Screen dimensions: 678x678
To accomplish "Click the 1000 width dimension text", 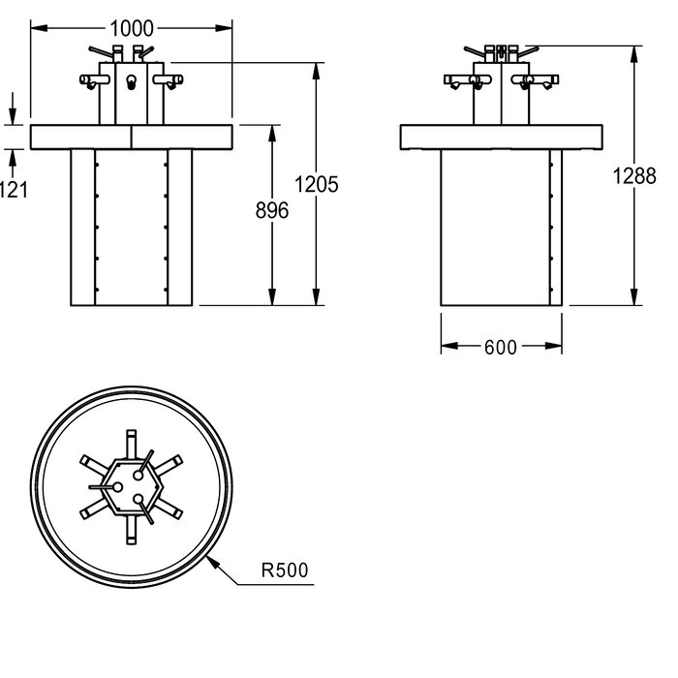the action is (x=132, y=29).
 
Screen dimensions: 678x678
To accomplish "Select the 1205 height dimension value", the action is (x=316, y=185).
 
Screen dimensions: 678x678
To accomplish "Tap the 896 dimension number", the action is (x=272, y=210).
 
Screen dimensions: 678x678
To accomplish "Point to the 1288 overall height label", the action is (x=634, y=176).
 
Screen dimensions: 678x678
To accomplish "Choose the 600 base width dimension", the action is (x=501, y=347).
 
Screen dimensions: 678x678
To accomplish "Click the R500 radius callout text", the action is (x=285, y=570).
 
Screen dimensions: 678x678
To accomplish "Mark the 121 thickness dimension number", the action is (x=13, y=190).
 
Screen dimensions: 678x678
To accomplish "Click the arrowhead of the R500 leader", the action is (x=211, y=561).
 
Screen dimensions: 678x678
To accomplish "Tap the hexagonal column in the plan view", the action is (x=131, y=487).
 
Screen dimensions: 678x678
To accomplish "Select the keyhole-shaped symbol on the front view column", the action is (x=131, y=82).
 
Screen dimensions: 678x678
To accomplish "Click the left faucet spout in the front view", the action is (x=94, y=80).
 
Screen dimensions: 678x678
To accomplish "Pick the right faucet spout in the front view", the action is (x=169, y=80).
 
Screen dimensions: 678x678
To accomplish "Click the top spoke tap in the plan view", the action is (x=131, y=444).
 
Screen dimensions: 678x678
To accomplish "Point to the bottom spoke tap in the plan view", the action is (x=131, y=530).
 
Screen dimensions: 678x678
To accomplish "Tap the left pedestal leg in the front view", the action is (x=82, y=228).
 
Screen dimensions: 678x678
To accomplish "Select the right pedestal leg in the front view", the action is (x=180, y=228).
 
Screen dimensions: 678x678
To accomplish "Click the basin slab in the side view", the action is (x=501, y=138).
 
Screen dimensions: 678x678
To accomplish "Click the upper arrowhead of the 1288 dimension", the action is (x=633, y=54).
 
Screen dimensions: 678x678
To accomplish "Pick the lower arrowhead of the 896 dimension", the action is (x=272, y=296).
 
